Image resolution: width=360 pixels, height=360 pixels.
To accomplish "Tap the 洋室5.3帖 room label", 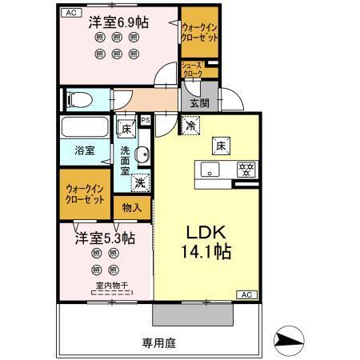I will (105, 238).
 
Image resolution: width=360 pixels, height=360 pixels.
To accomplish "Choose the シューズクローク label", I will (192, 70).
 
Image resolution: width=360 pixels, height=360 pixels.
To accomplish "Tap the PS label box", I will (146, 121).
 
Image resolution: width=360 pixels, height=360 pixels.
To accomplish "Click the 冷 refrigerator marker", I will (191, 124).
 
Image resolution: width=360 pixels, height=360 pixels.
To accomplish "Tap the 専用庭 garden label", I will (158, 342).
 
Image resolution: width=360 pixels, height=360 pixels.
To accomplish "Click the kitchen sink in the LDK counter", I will (210, 168).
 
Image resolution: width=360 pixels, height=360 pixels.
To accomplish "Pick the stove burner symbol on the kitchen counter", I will (246, 168).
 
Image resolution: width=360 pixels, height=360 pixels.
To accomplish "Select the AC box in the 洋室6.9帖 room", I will (70, 13).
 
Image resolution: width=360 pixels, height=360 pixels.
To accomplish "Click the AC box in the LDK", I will (246, 295).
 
